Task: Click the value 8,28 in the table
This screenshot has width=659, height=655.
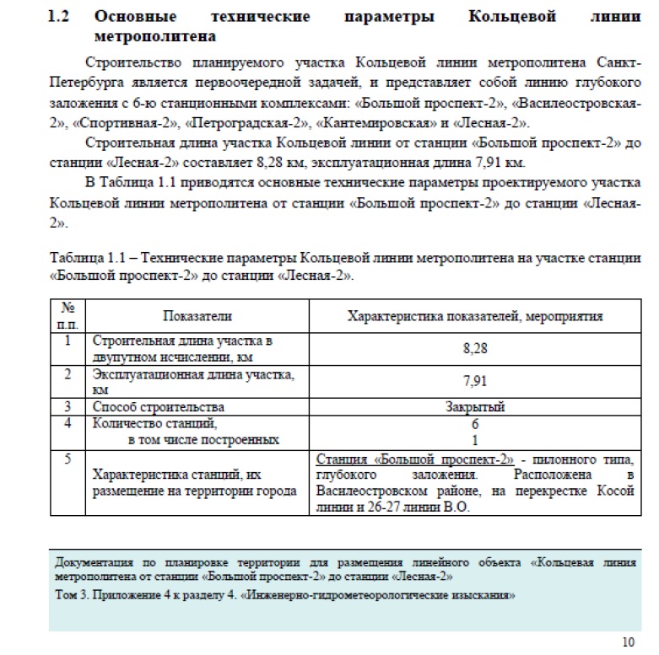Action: (x=475, y=347)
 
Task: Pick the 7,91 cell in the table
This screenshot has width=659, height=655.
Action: (x=475, y=380)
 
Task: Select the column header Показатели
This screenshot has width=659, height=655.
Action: (x=197, y=315)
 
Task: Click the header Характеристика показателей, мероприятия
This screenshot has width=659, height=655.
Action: (x=475, y=315)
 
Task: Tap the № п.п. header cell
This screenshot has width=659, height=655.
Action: (x=67, y=315)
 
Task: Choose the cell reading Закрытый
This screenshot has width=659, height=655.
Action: (x=475, y=407)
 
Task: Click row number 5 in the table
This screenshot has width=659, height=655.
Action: (x=67, y=459)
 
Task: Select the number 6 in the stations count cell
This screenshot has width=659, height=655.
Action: (x=475, y=424)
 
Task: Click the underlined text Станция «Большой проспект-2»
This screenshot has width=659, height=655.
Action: (x=415, y=459)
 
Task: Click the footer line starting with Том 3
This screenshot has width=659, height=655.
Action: (x=284, y=595)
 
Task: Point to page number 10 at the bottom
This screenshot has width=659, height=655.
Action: (x=628, y=640)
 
